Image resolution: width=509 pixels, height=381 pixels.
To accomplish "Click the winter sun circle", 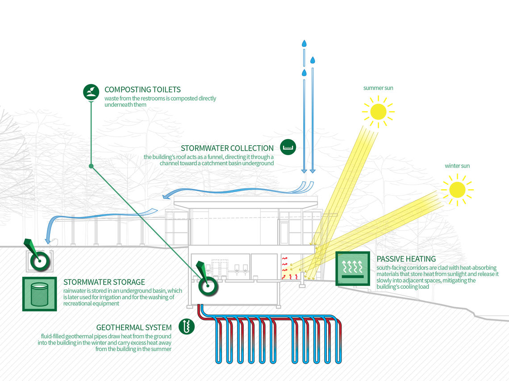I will point(457,189).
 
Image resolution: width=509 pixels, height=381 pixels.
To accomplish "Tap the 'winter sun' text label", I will point(457,166).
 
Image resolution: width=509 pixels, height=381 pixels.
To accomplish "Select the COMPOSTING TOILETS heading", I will point(142,90).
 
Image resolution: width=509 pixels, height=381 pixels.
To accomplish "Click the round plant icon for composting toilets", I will point(91,92).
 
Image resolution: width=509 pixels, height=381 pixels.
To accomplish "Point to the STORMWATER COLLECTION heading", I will point(227,148).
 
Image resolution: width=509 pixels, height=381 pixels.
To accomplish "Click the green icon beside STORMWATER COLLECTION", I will point(288,147).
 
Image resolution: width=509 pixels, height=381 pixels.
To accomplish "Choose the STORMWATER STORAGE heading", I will point(104,282).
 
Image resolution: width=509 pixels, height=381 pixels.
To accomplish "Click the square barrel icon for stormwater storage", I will point(39,294).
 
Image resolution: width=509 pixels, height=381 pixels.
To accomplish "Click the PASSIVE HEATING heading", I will point(406,259).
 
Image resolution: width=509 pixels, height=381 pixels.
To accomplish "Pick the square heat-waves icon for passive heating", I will point(352,268).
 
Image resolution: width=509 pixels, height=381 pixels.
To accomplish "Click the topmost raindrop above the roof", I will point(305,44).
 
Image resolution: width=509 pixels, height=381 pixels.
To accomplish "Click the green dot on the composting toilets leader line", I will point(91,166).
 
